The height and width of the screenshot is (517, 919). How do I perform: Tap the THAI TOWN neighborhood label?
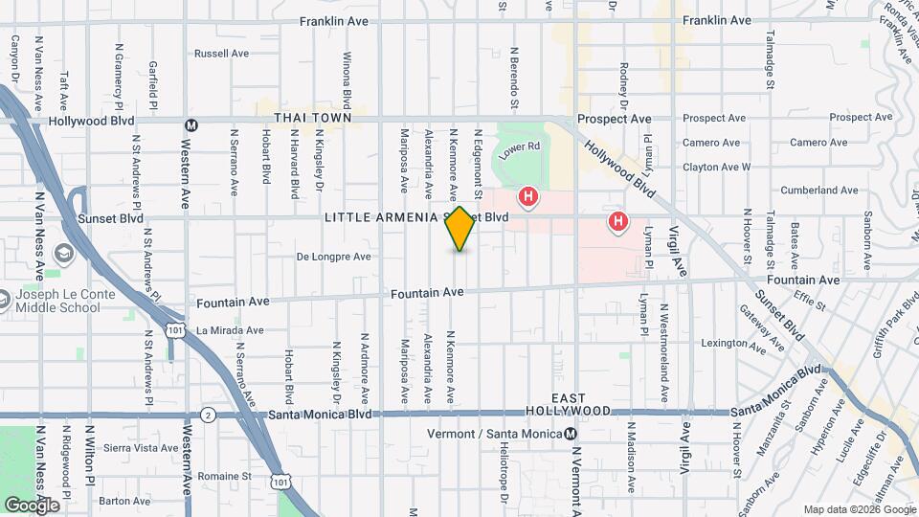pyautogui.click(x=306, y=118)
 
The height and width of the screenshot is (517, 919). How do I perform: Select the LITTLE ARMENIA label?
pyautogui.click(x=381, y=217)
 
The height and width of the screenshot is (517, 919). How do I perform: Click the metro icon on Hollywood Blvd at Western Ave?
pyautogui.click(x=191, y=124)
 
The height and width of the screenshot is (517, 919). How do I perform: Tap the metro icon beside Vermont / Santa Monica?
pyautogui.click(x=572, y=434)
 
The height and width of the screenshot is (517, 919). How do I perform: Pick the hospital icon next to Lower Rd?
pyautogui.click(x=527, y=198)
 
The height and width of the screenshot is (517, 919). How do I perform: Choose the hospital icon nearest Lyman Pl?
pyautogui.click(x=618, y=223)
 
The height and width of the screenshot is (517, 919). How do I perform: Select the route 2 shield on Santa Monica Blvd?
pyautogui.click(x=208, y=415)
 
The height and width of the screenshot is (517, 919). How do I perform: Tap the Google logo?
pyautogui.click(x=32, y=505)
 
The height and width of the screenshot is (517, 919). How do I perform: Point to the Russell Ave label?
pyautogui.click(x=221, y=54)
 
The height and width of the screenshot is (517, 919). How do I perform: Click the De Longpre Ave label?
pyautogui.click(x=333, y=257)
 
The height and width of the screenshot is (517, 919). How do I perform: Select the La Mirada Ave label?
pyautogui.click(x=230, y=330)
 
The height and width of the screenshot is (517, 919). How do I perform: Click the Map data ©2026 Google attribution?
pyautogui.click(x=858, y=509)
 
